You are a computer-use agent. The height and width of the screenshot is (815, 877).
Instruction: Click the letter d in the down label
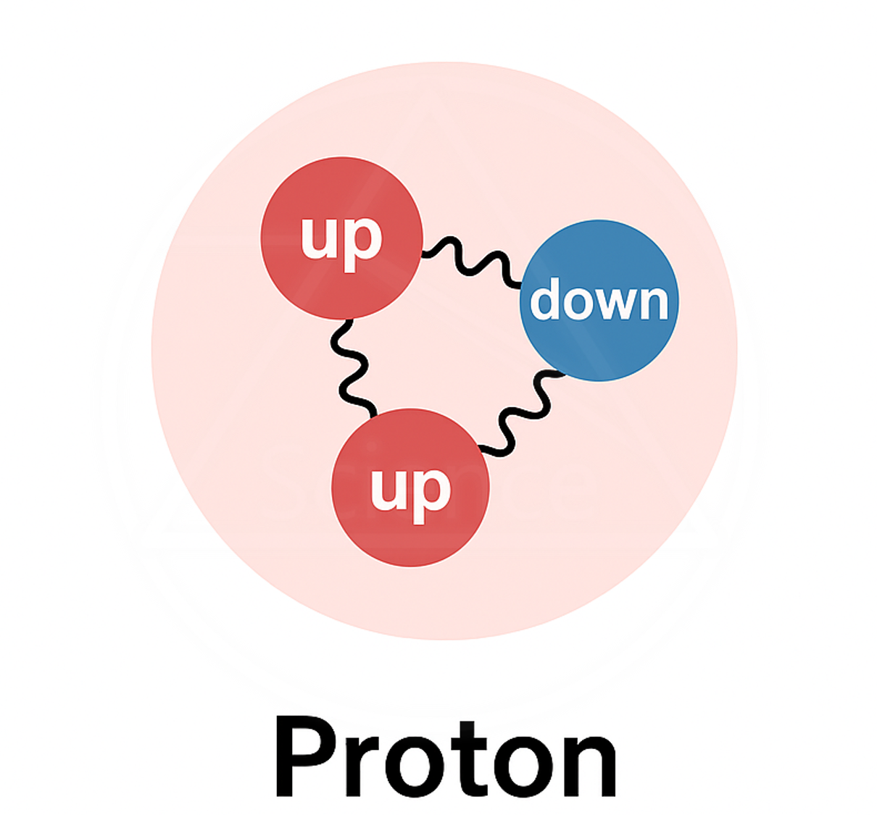[x=545, y=299]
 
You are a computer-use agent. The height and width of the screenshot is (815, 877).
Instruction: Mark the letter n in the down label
[x=653, y=304]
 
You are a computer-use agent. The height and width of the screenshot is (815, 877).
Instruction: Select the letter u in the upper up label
[x=317, y=238]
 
